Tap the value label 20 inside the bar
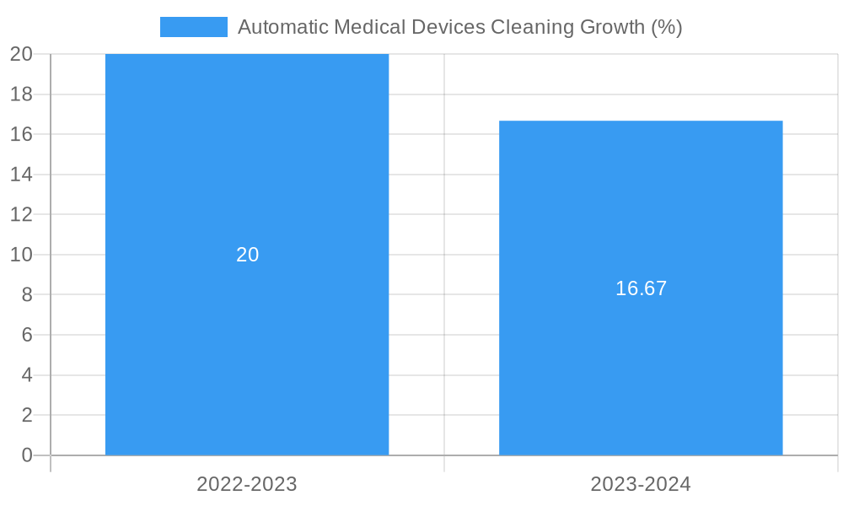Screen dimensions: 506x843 247,255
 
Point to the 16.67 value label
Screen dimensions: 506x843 641,288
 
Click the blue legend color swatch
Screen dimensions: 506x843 194,27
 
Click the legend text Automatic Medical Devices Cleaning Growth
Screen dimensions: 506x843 459,27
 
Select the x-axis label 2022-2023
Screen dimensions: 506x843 247,484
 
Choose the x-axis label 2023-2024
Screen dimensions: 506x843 641,484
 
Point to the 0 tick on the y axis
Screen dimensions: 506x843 26,455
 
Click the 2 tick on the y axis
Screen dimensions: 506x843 26,415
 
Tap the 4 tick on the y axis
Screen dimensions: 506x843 26,375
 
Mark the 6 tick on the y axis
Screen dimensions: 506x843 26,335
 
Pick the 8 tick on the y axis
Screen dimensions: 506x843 26,294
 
